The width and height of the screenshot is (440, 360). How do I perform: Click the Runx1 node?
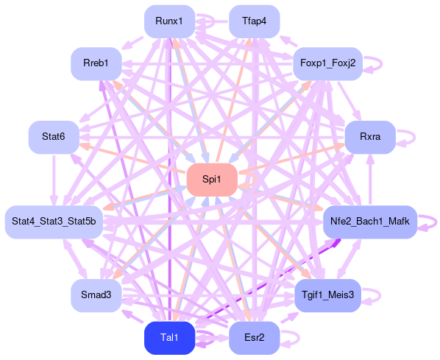click(169, 21)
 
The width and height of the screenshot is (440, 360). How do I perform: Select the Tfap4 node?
click(255, 21)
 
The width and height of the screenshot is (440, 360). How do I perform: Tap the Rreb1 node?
click(96, 64)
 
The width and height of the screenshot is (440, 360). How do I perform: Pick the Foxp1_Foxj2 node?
click(327, 64)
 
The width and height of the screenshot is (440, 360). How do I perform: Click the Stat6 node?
click(54, 138)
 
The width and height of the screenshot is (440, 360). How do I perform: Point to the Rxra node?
click(370, 138)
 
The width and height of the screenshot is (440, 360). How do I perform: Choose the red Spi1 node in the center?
click(212, 180)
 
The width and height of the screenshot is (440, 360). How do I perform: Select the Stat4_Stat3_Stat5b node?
click(54, 222)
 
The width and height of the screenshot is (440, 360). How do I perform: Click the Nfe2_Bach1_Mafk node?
click(370, 222)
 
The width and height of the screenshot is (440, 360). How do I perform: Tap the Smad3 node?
click(96, 295)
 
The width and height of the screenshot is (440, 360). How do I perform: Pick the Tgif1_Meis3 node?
click(327, 295)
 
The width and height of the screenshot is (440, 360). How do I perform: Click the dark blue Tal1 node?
click(169, 338)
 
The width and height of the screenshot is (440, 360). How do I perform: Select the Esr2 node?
click(255, 338)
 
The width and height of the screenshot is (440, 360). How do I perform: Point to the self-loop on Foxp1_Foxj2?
click(382, 64)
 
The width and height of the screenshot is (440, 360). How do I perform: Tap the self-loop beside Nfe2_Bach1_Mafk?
click(436, 222)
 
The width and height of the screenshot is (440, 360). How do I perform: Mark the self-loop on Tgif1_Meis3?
click(380, 295)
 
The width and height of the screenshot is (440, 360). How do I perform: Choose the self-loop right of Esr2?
click(299, 338)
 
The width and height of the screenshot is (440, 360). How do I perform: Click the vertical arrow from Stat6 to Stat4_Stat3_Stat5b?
click(54, 180)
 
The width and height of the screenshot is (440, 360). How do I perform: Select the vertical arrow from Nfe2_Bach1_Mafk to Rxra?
click(370, 180)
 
